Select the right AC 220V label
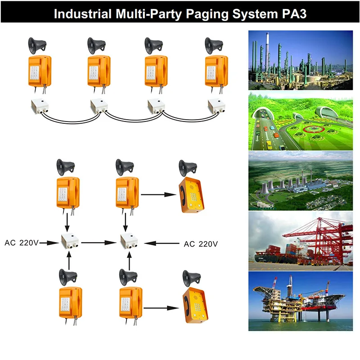(x=201, y=244)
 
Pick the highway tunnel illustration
(x=301, y=121)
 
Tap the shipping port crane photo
(x=301, y=241)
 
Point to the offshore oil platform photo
(x=301, y=301)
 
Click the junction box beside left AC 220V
(x=69, y=241)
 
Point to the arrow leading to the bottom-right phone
(x=158, y=308)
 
